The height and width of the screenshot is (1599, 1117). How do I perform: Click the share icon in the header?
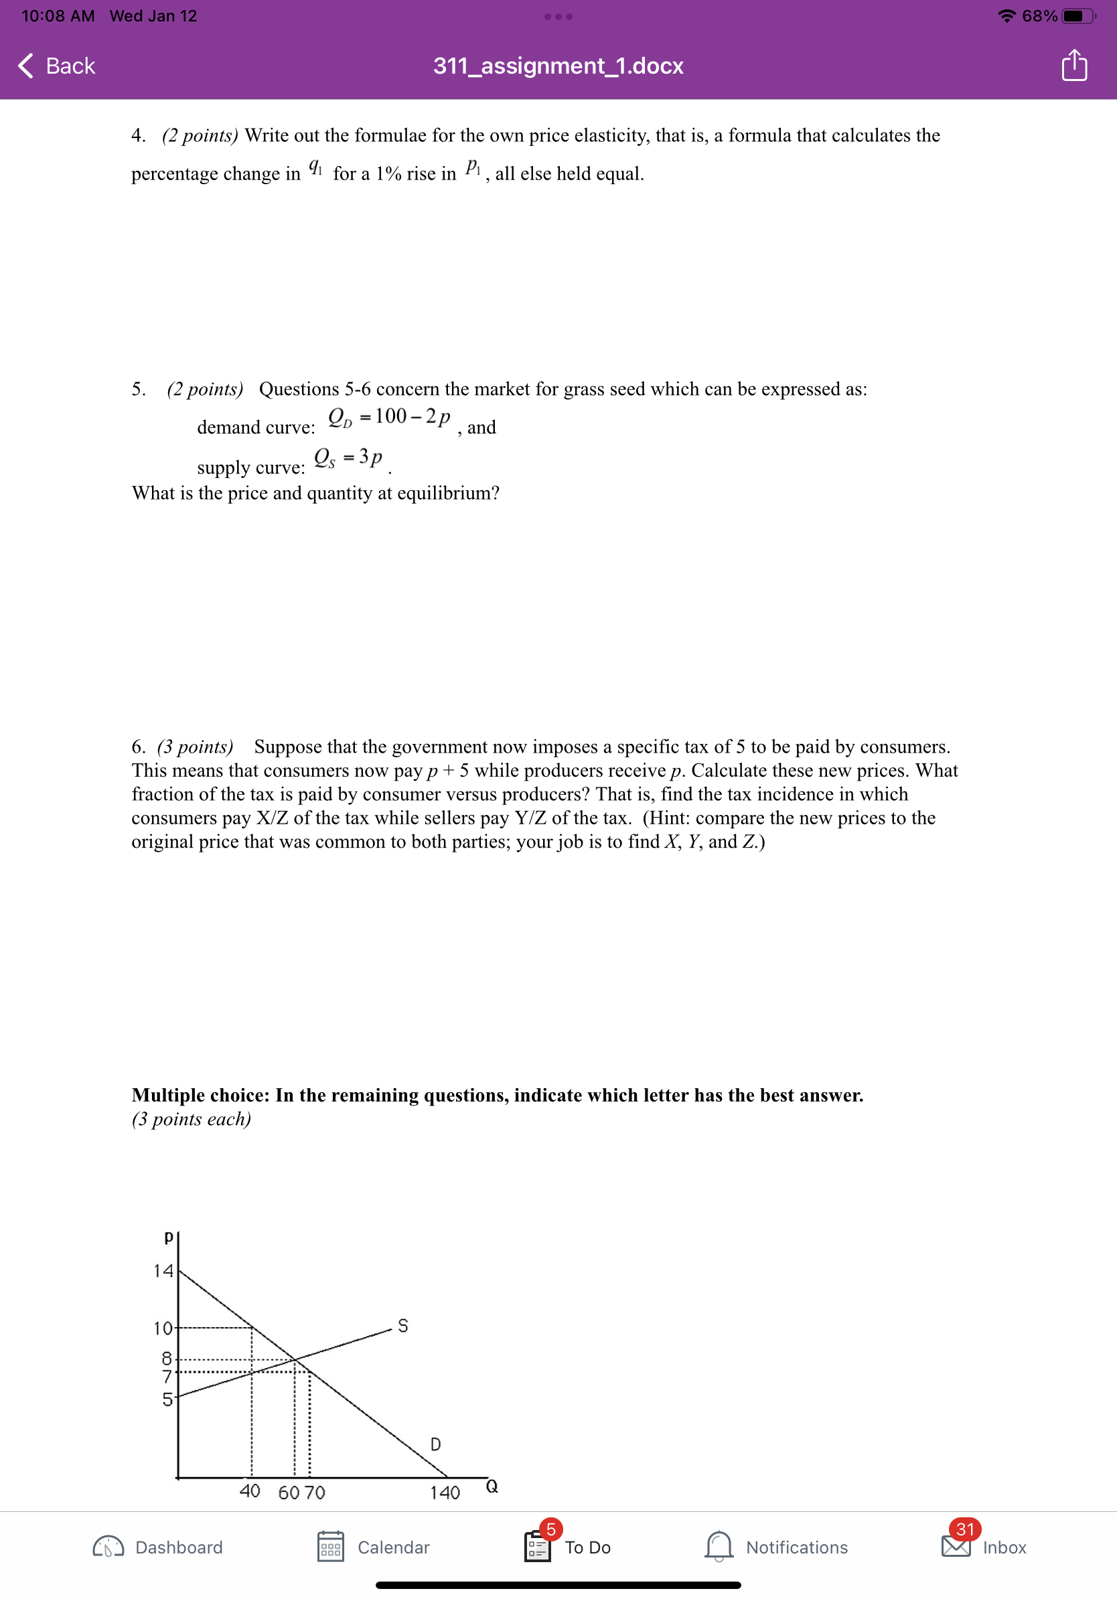tap(1074, 66)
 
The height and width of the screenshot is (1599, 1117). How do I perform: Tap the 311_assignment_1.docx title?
tap(558, 66)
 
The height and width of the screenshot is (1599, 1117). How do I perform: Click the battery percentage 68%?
tap(1039, 16)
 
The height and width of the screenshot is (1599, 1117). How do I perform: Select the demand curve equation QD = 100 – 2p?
tap(388, 417)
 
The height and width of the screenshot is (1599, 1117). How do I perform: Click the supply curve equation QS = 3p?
tap(348, 457)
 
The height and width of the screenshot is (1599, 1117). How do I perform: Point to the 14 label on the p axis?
tap(163, 1271)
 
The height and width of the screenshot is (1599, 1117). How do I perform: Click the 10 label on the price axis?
tap(163, 1328)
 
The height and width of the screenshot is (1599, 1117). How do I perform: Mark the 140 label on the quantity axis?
tap(444, 1493)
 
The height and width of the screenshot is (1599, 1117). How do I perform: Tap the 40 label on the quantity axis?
tap(249, 1491)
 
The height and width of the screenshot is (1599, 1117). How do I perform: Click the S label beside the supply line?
tap(402, 1325)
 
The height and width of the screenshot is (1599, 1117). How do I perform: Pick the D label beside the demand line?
tap(435, 1444)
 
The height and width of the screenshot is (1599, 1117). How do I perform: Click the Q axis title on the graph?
tap(492, 1487)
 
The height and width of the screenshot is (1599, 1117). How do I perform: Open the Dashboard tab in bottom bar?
tap(158, 1547)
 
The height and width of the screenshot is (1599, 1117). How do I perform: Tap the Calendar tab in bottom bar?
tap(373, 1547)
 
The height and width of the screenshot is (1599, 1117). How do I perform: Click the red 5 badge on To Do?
tap(550, 1529)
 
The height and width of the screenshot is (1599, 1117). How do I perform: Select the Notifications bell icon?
tap(718, 1546)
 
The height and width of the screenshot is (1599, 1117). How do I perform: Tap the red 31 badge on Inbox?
tap(964, 1529)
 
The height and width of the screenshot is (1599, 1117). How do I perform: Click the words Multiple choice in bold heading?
tap(200, 1095)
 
